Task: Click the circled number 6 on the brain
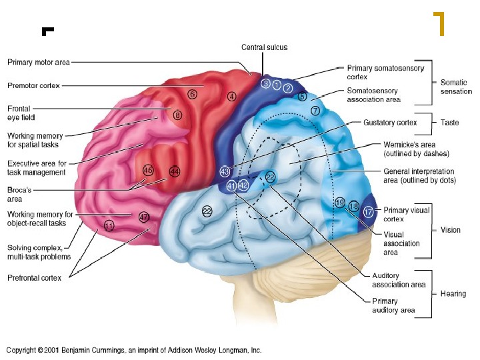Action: pyautogui.click(x=192, y=94)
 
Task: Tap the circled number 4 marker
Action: pyautogui.click(x=231, y=96)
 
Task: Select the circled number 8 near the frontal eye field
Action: pyautogui.click(x=177, y=115)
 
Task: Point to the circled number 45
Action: pyautogui.click(x=148, y=171)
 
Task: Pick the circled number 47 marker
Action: pyautogui.click(x=143, y=217)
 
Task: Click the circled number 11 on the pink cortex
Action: pyautogui.click(x=109, y=225)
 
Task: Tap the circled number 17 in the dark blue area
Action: pyautogui.click(x=368, y=212)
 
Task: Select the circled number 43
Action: pyautogui.click(x=225, y=171)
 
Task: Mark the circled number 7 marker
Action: pyautogui.click(x=315, y=109)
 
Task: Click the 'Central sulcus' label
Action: pyautogui.click(x=265, y=47)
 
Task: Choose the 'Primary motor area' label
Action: pyautogui.click(x=38, y=63)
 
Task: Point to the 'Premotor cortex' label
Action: pyautogui.click(x=33, y=85)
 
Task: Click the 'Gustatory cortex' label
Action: pyautogui.click(x=390, y=123)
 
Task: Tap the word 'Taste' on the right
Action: pyautogui.click(x=450, y=123)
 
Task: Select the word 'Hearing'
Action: pyautogui.click(x=453, y=293)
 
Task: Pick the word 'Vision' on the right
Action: pyautogui.click(x=451, y=230)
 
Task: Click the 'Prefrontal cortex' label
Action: pyautogui.click(x=34, y=278)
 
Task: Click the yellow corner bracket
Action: pyautogui.click(x=439, y=23)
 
